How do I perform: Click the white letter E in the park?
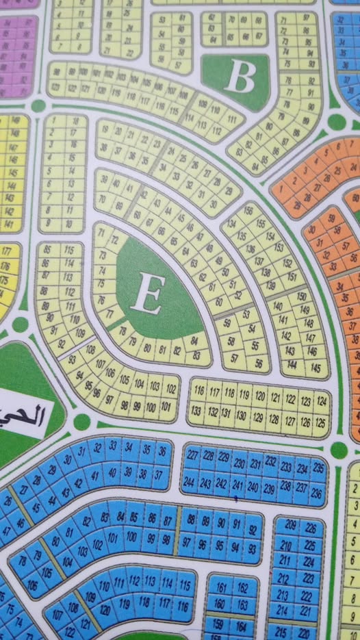point(147,294)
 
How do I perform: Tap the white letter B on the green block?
point(240,77)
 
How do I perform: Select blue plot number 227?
point(193,457)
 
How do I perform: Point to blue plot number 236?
point(316,493)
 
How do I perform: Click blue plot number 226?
point(310,528)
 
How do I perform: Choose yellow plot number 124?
point(322,400)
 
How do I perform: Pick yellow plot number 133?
point(196,411)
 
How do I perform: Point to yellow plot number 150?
point(301,296)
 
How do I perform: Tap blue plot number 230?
point(239,463)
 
